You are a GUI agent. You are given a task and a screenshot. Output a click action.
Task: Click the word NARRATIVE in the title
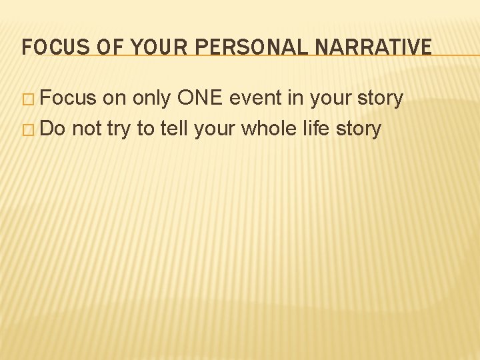pos(371,47)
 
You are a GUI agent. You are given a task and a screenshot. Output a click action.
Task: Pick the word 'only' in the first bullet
pos(153,99)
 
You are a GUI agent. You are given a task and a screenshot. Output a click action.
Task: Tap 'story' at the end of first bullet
pos(379,99)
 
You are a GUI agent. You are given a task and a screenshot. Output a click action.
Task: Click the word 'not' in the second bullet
pos(87,129)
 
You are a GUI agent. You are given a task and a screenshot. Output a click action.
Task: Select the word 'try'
pos(119,129)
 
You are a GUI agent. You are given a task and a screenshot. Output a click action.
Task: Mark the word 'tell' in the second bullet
pos(175,129)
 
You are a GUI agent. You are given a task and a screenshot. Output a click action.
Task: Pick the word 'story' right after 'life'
pos(358,129)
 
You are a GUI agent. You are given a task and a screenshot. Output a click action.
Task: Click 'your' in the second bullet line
pos(215,129)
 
